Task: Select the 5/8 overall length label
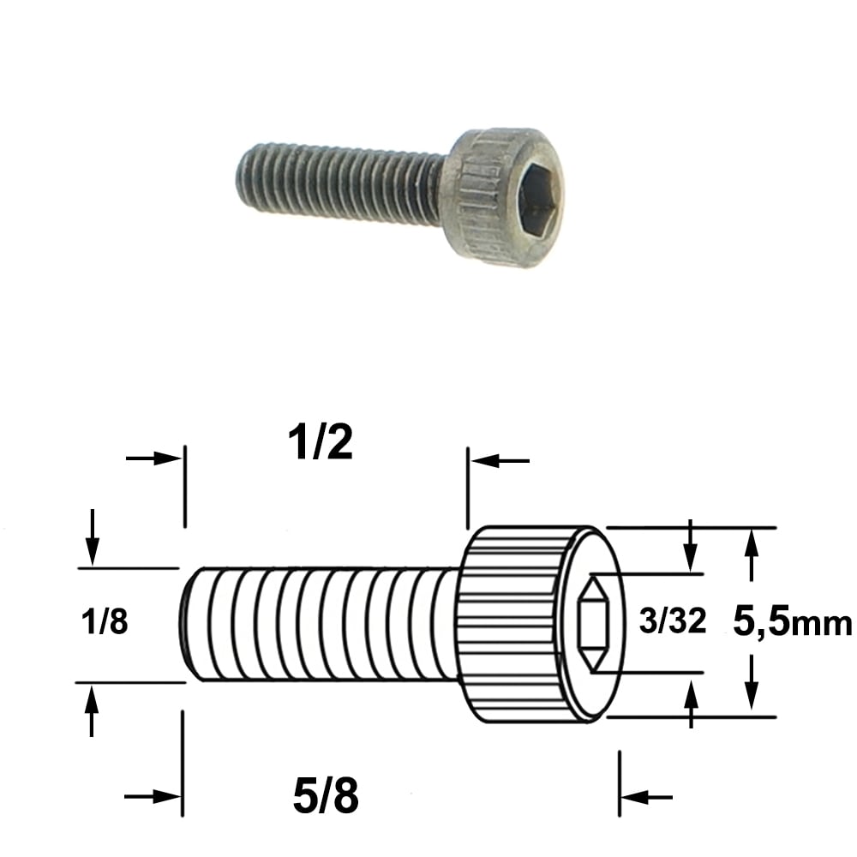[326, 796]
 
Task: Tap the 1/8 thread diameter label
[105, 622]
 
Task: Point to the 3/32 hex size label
[672, 621]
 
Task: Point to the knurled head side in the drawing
[513, 624]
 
